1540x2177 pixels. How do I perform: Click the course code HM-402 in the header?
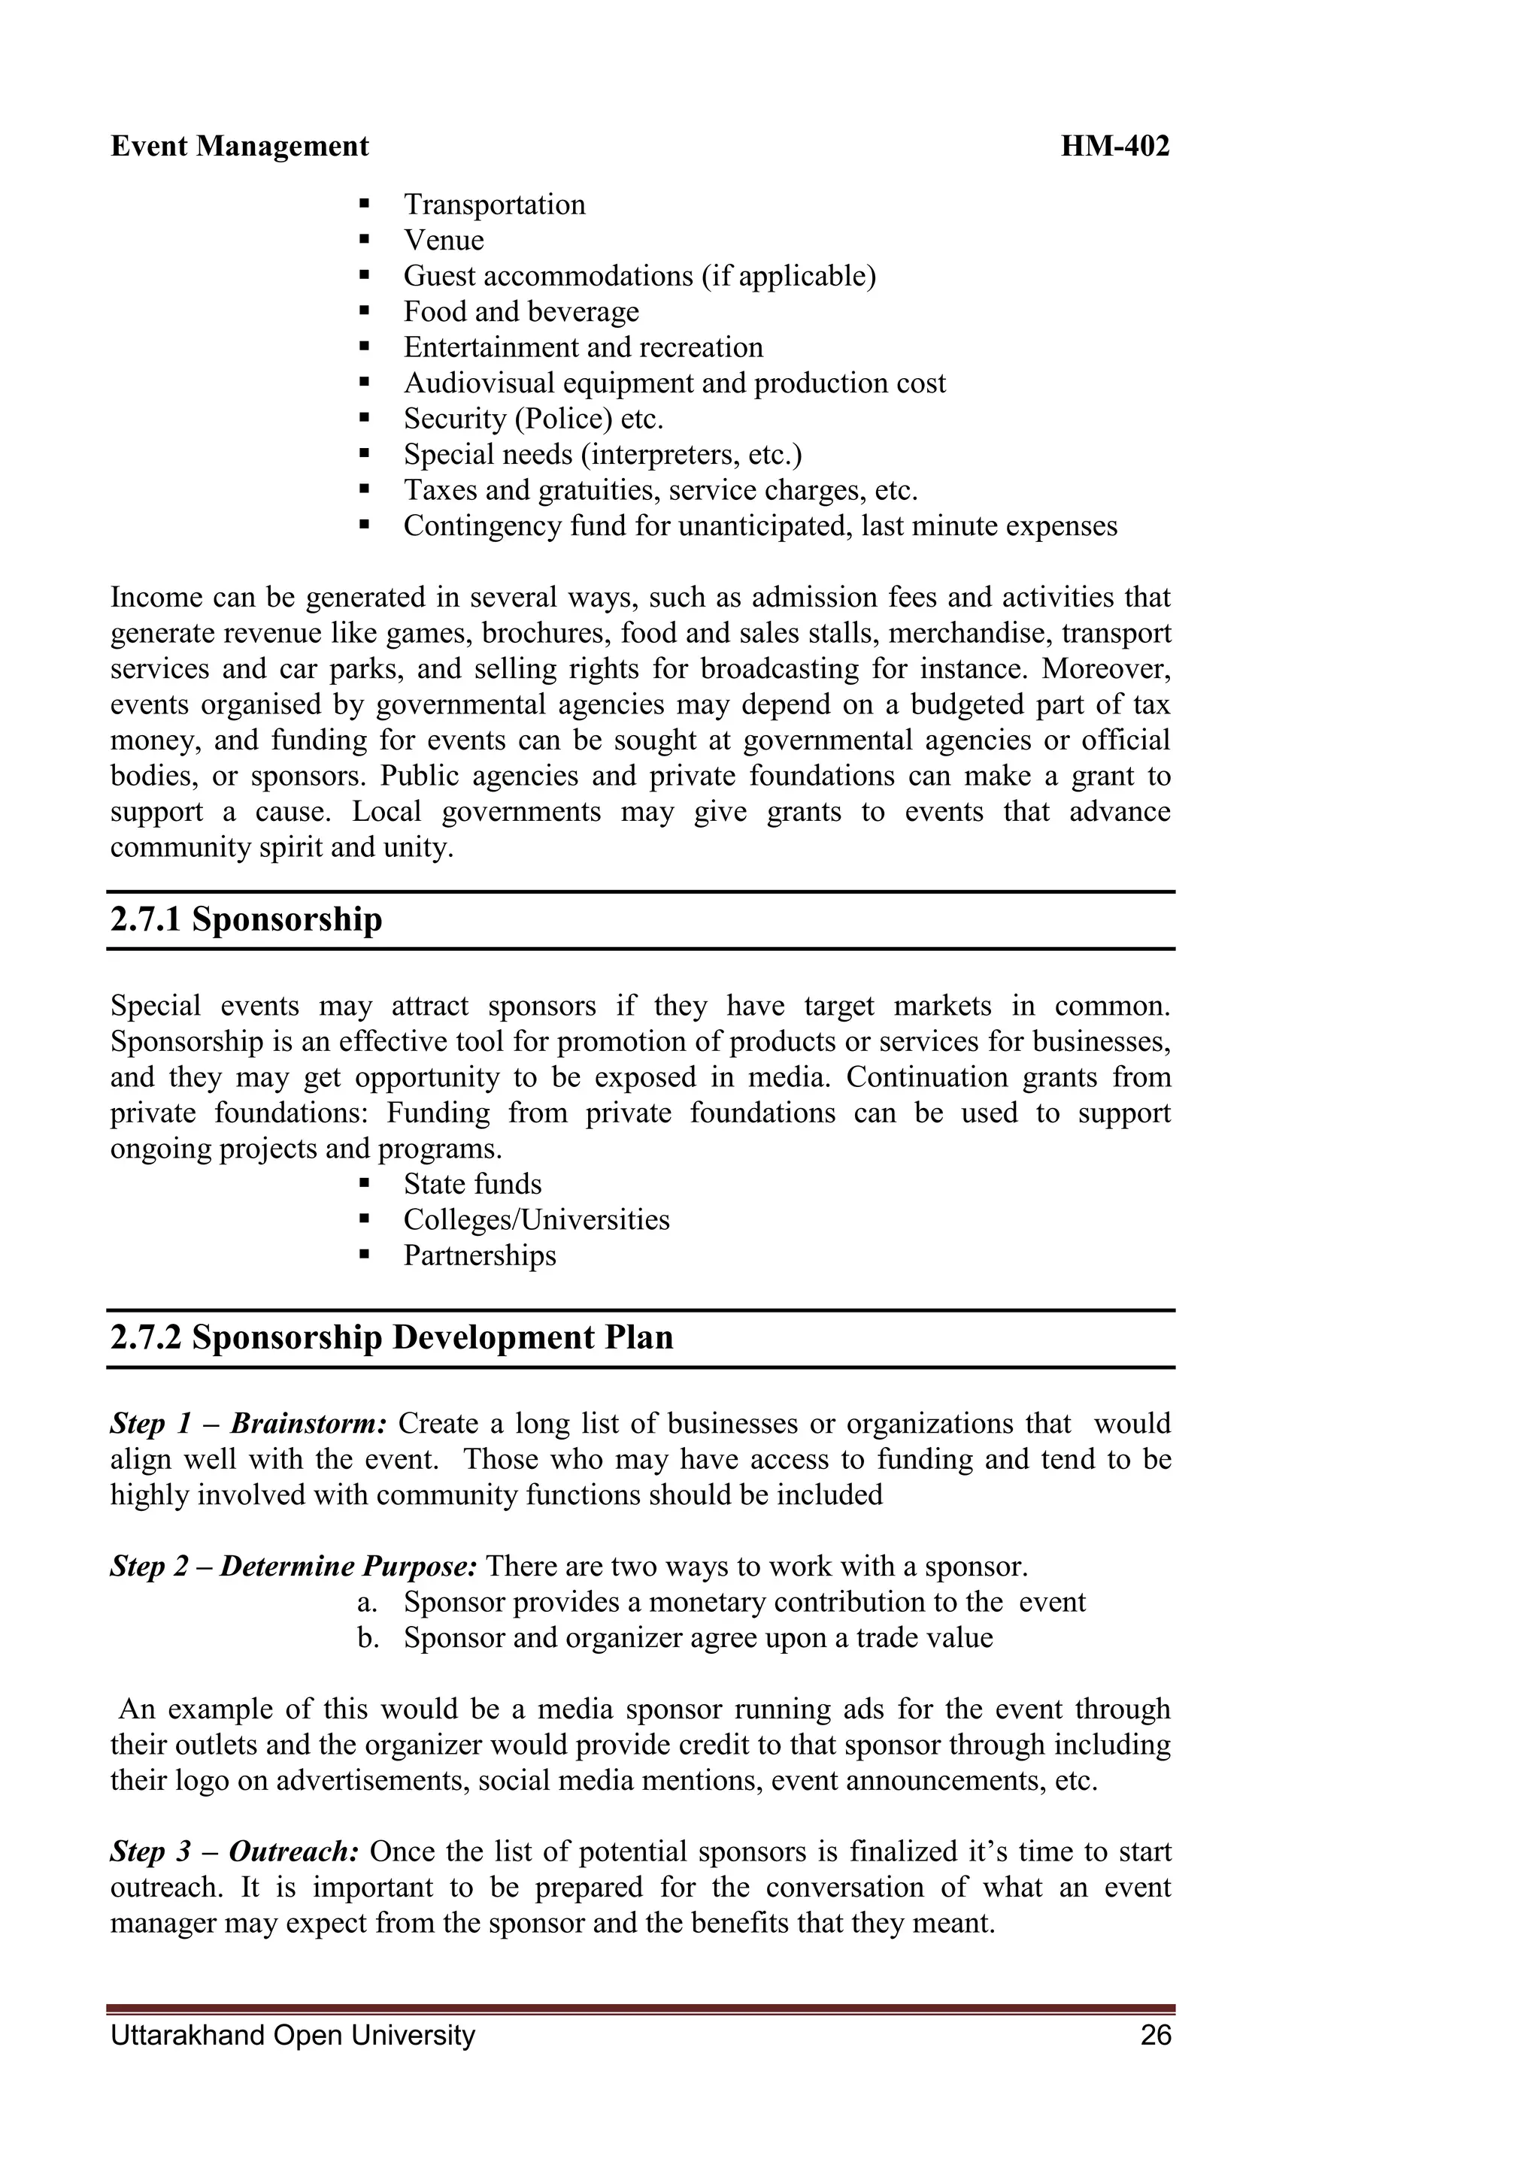pyautogui.click(x=1114, y=146)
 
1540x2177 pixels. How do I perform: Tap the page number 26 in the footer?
pyautogui.click(x=1156, y=2035)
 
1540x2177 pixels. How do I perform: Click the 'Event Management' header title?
pyautogui.click(x=240, y=146)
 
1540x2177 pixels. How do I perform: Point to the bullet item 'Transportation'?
pyautogui.click(x=494, y=204)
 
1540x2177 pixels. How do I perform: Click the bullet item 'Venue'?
pyautogui.click(x=443, y=240)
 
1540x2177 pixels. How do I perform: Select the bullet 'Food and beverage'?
pyautogui.click(x=520, y=312)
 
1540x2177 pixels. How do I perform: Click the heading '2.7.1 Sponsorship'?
pyautogui.click(x=247, y=919)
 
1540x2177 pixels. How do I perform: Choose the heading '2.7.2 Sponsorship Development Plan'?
pyautogui.click(x=392, y=1337)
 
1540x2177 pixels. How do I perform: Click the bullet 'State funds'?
pyautogui.click(x=472, y=1184)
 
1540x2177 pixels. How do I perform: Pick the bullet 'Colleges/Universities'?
pyautogui.click(x=536, y=1219)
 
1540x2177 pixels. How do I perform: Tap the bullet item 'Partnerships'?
pyautogui.click(x=479, y=1255)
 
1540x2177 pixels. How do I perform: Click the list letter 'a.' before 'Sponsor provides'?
pyautogui.click(x=368, y=1603)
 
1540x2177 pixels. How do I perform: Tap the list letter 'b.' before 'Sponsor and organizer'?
pyautogui.click(x=368, y=1639)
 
